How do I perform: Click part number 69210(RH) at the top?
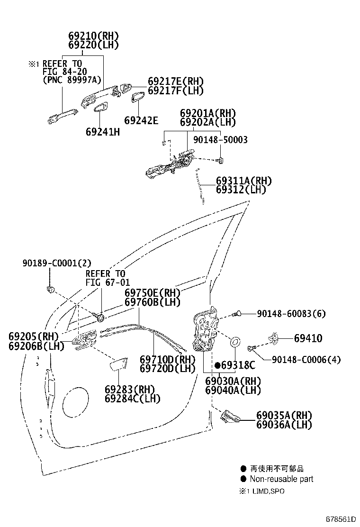(x=94, y=36)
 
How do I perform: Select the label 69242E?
(x=141, y=120)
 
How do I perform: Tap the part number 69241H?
(x=103, y=132)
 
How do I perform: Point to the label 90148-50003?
(x=220, y=140)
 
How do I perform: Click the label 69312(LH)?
(x=241, y=190)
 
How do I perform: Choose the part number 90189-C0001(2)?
(x=57, y=263)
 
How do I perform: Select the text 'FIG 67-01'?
(x=108, y=282)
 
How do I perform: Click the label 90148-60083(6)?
(x=291, y=314)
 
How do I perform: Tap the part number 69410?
(x=308, y=338)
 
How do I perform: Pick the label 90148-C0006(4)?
(x=306, y=360)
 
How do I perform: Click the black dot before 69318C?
(x=217, y=365)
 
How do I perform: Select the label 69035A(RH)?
(x=284, y=416)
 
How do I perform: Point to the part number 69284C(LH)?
(x=132, y=399)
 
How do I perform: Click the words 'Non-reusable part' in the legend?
(x=281, y=479)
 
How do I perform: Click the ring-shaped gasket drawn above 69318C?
(x=235, y=342)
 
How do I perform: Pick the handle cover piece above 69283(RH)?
(x=119, y=364)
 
